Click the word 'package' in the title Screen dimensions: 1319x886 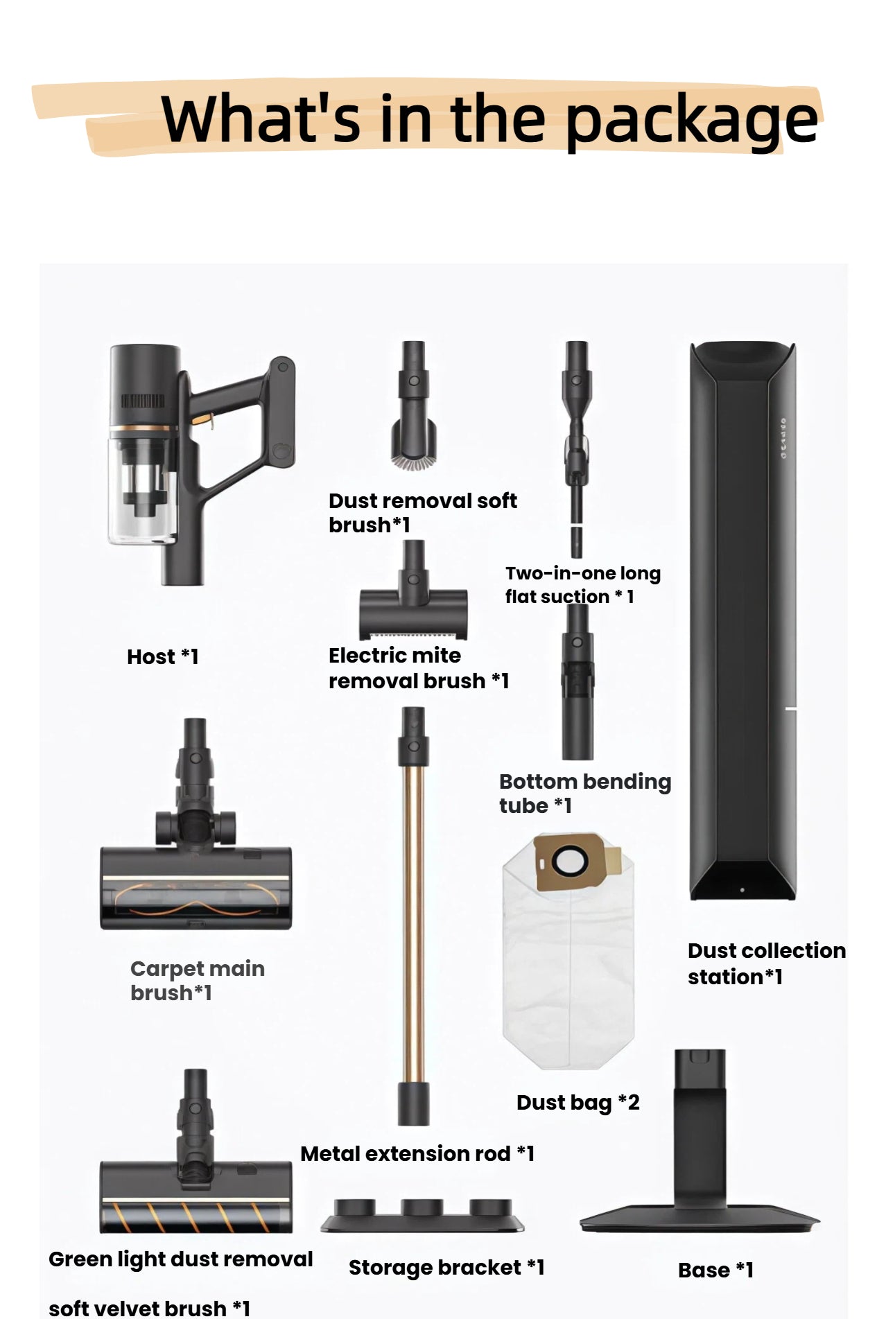click(x=690, y=121)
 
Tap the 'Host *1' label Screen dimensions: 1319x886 click(x=163, y=656)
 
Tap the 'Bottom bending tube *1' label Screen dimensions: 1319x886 click(x=584, y=794)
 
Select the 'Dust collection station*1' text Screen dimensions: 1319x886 click(x=766, y=963)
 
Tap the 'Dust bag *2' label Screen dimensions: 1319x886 click(x=577, y=1102)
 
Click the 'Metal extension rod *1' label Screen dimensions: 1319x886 click(x=417, y=1153)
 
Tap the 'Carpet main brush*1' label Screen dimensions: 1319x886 click(x=197, y=980)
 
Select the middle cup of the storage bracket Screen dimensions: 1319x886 click(x=422, y=1207)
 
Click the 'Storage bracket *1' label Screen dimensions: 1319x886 click(x=446, y=1267)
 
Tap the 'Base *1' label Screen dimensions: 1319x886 click(x=715, y=1270)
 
